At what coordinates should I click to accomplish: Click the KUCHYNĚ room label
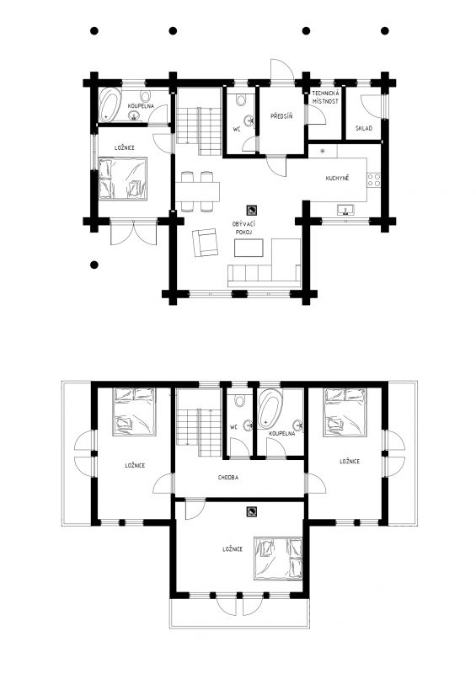[337, 178]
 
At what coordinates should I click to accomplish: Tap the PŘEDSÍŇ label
[281, 116]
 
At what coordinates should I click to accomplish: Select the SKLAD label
[364, 128]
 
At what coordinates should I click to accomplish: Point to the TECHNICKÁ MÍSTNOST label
[325, 97]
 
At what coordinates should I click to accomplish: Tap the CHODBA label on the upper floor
[228, 478]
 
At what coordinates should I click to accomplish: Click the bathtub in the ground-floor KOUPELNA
[110, 104]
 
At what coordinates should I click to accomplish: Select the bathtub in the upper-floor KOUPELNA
[270, 409]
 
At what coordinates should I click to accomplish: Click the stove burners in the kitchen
[374, 179]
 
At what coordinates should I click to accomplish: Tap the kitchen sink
[345, 210]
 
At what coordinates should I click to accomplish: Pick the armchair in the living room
[205, 243]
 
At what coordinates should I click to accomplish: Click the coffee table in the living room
[249, 248]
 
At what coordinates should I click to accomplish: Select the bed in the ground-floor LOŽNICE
[123, 179]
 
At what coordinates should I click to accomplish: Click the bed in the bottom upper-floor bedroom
[278, 558]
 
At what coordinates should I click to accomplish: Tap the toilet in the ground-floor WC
[241, 99]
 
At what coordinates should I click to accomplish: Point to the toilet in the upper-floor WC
[240, 401]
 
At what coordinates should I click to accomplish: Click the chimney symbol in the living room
[252, 210]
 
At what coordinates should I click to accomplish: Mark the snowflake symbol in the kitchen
[322, 151]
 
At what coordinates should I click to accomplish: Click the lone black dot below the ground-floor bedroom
[94, 265]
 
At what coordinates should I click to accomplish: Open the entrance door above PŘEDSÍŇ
[282, 70]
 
